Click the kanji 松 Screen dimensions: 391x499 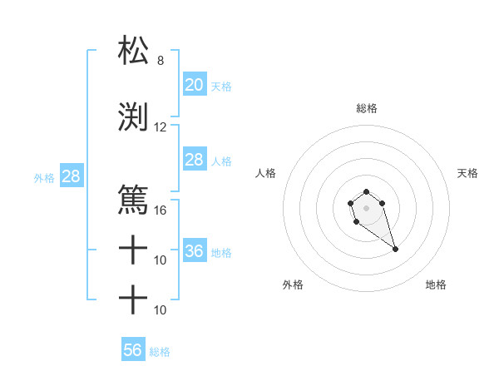133,51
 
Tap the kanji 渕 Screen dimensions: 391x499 133,116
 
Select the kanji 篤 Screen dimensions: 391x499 133,200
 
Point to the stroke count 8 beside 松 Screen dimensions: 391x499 161,61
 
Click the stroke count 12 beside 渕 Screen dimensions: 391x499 161,127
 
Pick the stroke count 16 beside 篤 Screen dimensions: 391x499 161,210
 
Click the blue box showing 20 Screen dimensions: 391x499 194,85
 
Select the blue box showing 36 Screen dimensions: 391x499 194,251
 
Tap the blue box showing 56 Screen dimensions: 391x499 132,350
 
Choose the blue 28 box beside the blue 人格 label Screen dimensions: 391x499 194,160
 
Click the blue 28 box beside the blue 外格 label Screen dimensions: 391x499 71,176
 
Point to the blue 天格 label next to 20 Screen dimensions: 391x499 221,86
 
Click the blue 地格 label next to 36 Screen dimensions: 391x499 221,252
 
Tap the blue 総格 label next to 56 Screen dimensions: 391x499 160,352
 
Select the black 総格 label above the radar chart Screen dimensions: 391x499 367,108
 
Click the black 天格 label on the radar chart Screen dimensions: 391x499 468,173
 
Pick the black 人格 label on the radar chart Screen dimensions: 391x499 267,173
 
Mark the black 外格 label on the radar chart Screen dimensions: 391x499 293,285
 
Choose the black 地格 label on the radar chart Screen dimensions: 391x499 436,285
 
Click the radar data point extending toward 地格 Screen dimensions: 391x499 395,249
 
